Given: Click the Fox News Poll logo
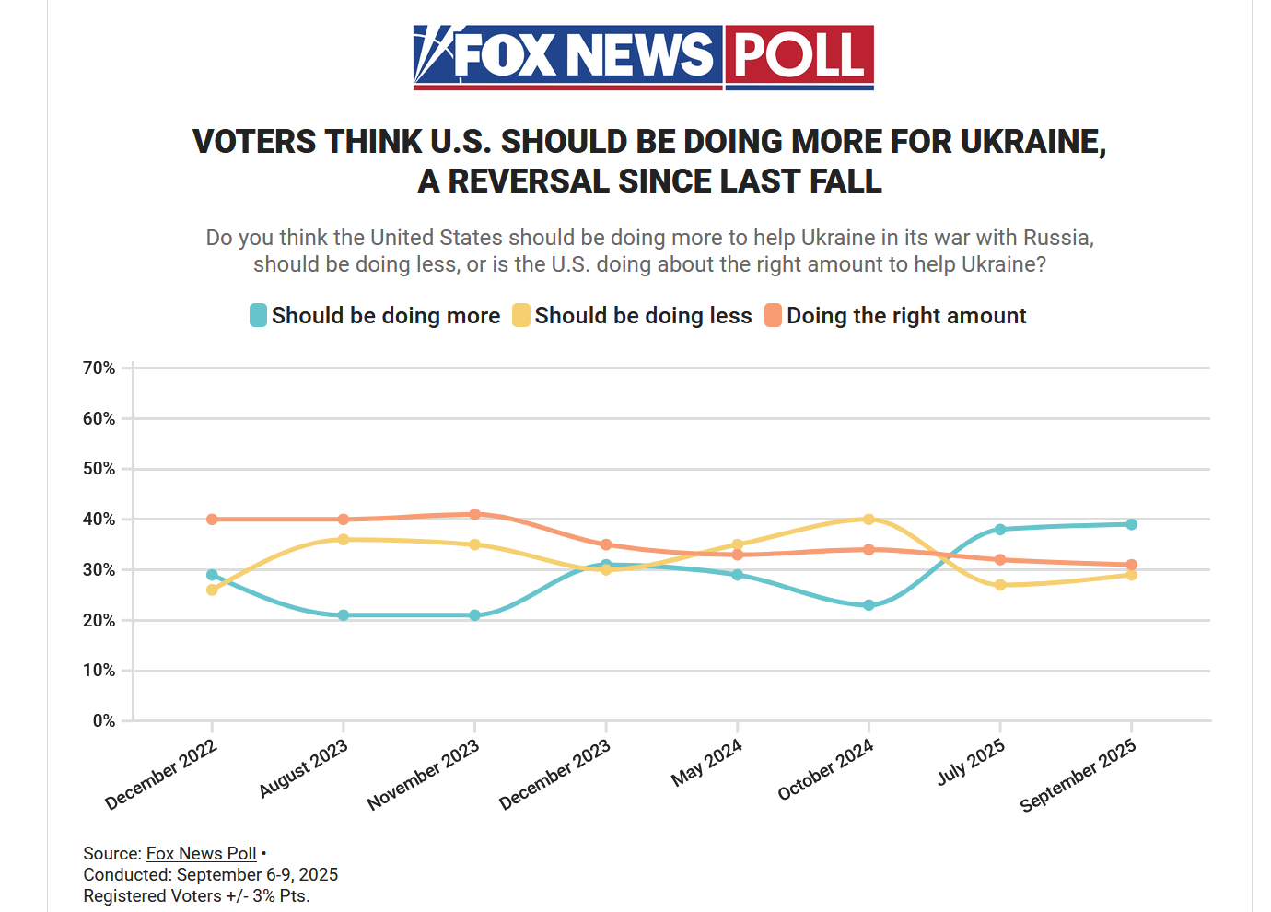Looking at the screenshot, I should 643,57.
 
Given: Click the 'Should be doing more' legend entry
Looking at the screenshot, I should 375,316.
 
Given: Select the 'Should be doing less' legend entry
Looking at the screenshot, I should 633,316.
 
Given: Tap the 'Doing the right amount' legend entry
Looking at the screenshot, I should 895,316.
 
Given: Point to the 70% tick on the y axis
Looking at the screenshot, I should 99,368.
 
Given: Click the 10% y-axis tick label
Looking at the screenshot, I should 99,671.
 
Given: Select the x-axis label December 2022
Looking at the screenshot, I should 162,775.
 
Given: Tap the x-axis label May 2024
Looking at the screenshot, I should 707,764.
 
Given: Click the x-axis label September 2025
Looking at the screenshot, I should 1079,777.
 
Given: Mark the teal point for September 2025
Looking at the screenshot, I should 1131,524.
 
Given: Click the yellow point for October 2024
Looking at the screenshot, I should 869,520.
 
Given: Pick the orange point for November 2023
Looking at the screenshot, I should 474,514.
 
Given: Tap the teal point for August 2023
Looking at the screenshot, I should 344,615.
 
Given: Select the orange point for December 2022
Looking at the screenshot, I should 212,520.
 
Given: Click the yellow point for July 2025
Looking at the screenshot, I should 1000,585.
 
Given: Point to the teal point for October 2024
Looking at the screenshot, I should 869,605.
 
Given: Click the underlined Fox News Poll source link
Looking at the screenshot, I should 201,854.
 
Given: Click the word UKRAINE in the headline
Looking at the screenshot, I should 1032,142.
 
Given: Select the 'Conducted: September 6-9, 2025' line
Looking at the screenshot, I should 211,875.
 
